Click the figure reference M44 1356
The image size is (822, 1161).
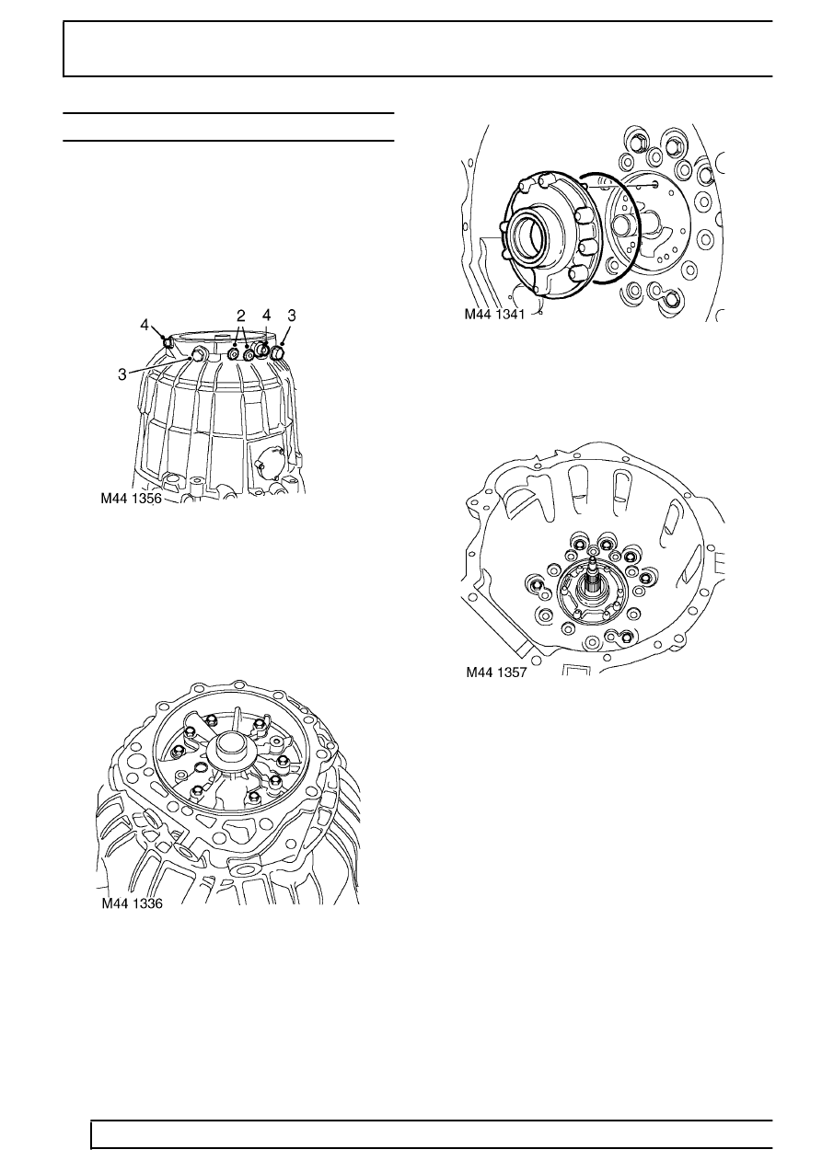[x=132, y=498]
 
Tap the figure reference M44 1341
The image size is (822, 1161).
[x=494, y=314]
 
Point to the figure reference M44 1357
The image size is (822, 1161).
[x=496, y=672]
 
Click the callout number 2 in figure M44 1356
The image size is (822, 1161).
[x=240, y=316]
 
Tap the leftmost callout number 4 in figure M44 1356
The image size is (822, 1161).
[x=145, y=325]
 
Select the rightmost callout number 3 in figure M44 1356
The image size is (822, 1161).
[x=292, y=316]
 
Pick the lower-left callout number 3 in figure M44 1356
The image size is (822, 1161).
[x=122, y=374]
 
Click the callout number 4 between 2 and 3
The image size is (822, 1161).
[x=267, y=316]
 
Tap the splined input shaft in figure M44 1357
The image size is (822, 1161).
[x=594, y=580]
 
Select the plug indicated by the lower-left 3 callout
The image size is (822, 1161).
[x=198, y=355]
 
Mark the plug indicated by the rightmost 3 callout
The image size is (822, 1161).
[x=277, y=354]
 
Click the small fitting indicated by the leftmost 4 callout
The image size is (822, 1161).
[x=167, y=342]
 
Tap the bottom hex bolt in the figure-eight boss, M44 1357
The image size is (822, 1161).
[x=626, y=638]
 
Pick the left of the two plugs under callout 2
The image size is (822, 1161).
[x=234, y=354]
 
